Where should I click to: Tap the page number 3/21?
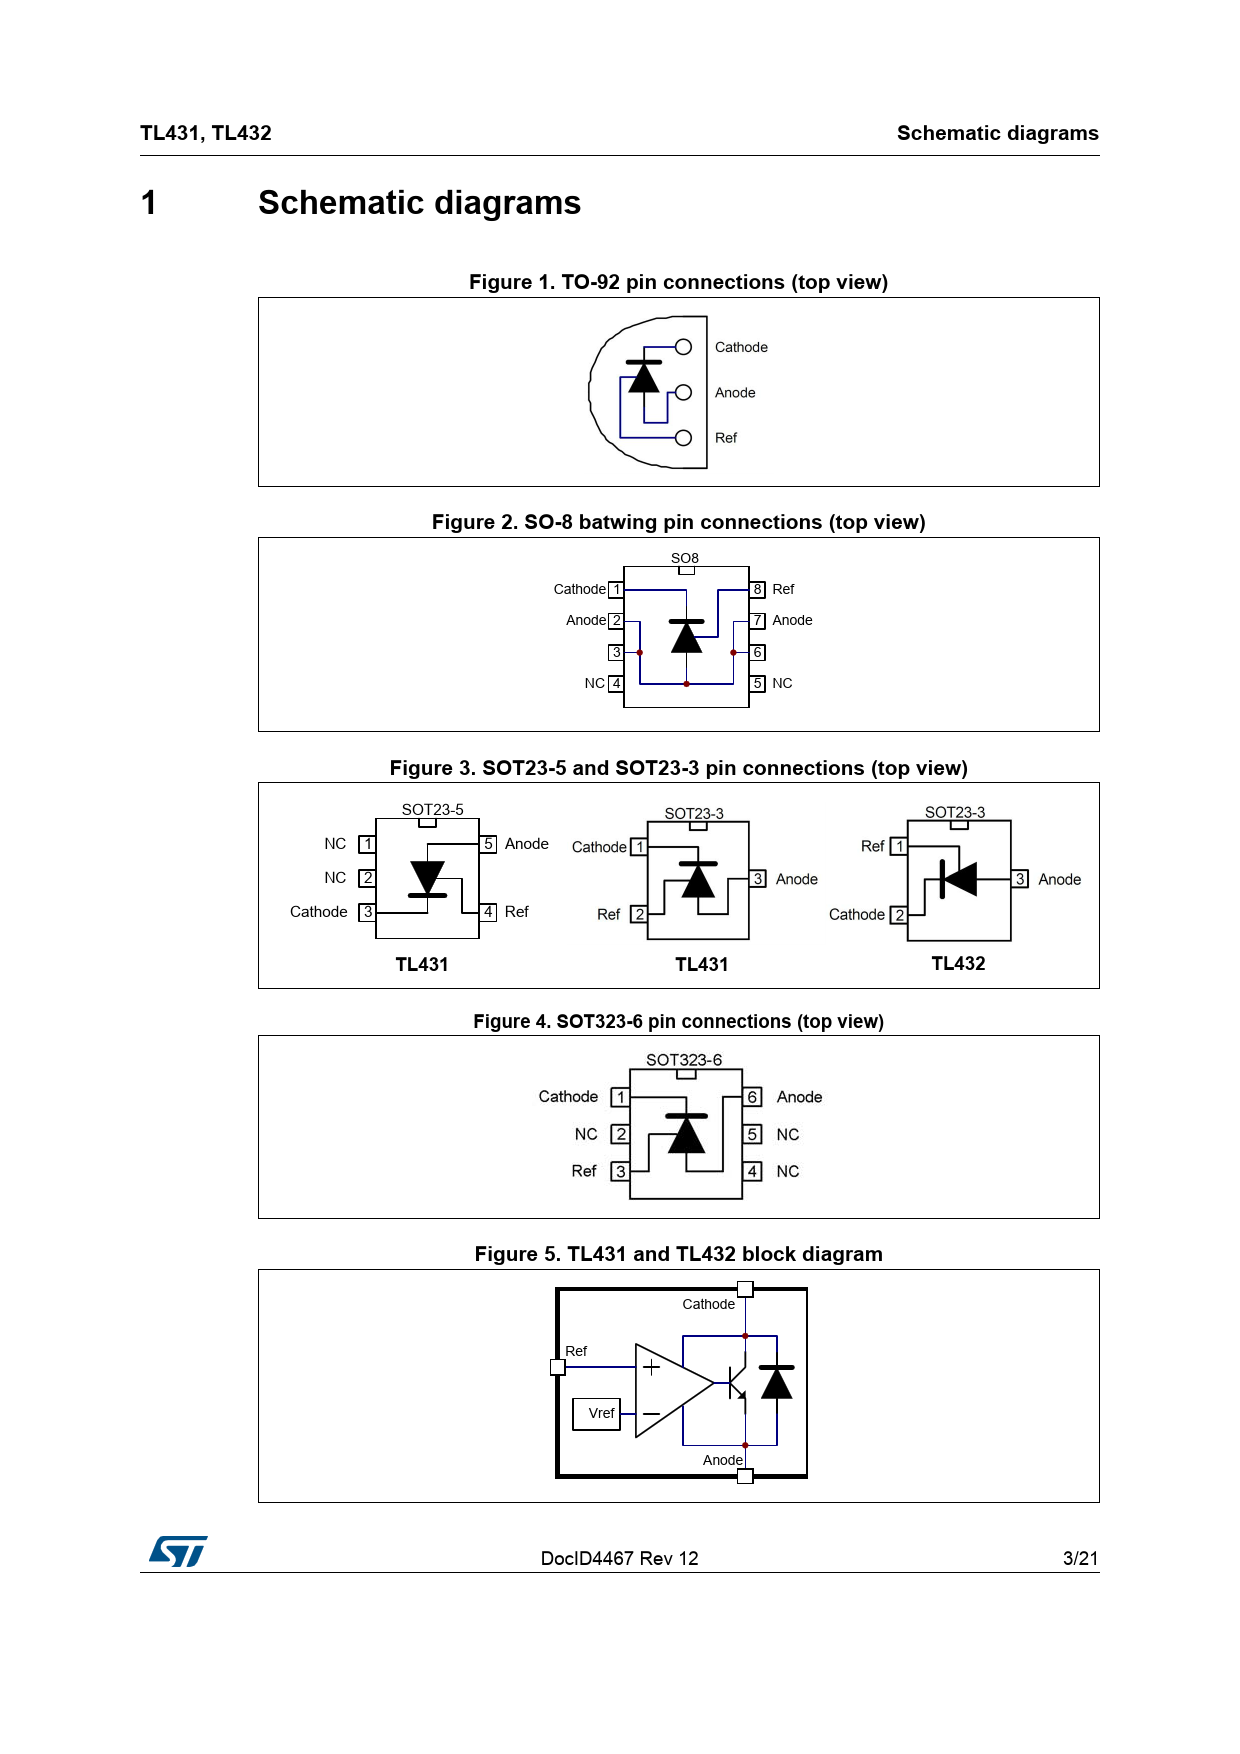click(x=1080, y=1558)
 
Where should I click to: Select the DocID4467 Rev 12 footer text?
click(x=619, y=1558)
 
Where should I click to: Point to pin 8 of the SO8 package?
click(x=758, y=589)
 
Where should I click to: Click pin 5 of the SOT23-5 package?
click(x=489, y=844)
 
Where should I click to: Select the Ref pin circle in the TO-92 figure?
click(x=684, y=438)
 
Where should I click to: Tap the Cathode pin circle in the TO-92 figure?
click(x=684, y=347)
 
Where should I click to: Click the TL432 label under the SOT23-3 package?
click(x=958, y=963)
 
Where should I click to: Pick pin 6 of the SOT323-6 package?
click(x=753, y=1097)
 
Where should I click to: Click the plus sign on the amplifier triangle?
click(x=651, y=1367)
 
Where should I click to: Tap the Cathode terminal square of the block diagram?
click(x=745, y=1289)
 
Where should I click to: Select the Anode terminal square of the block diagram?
click(x=745, y=1476)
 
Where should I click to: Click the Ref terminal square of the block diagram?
click(x=558, y=1367)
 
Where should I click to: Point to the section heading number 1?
click(x=149, y=203)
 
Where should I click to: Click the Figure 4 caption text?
click(x=678, y=1021)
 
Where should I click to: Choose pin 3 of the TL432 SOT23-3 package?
click(x=1020, y=879)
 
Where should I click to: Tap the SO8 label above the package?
click(x=685, y=558)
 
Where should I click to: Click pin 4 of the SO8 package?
click(x=616, y=684)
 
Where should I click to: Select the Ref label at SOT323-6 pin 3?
click(x=584, y=1171)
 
